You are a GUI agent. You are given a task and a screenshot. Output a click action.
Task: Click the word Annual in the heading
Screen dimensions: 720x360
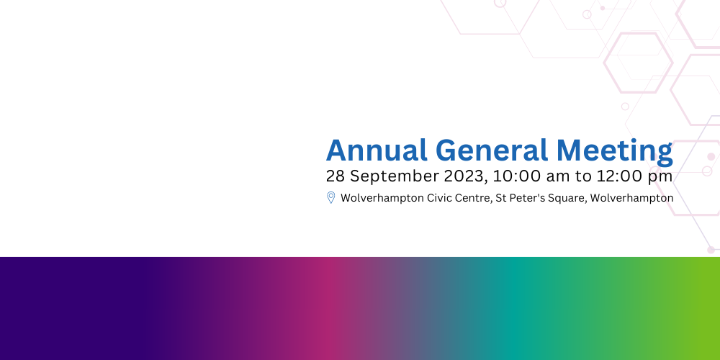[x=377, y=150]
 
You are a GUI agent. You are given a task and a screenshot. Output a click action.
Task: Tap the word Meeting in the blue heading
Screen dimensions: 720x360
[x=614, y=152]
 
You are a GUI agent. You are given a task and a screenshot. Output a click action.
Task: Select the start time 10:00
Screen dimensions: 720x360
[x=514, y=176]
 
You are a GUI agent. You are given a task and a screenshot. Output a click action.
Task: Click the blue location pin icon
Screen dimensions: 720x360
[x=330, y=197]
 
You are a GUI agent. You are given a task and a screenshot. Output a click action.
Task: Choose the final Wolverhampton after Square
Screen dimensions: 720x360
[x=632, y=199]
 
